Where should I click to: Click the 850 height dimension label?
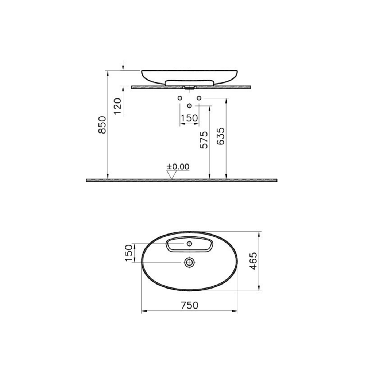coord(102,125)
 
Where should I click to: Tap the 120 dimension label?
coord(117,106)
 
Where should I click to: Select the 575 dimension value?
coord(204,140)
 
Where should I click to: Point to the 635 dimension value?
coord(220,136)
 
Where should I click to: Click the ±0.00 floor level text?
coord(178,167)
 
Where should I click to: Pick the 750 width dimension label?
coord(190,305)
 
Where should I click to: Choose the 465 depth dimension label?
coord(254,261)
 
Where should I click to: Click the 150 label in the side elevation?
coord(189,118)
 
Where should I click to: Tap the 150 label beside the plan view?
coord(129,253)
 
